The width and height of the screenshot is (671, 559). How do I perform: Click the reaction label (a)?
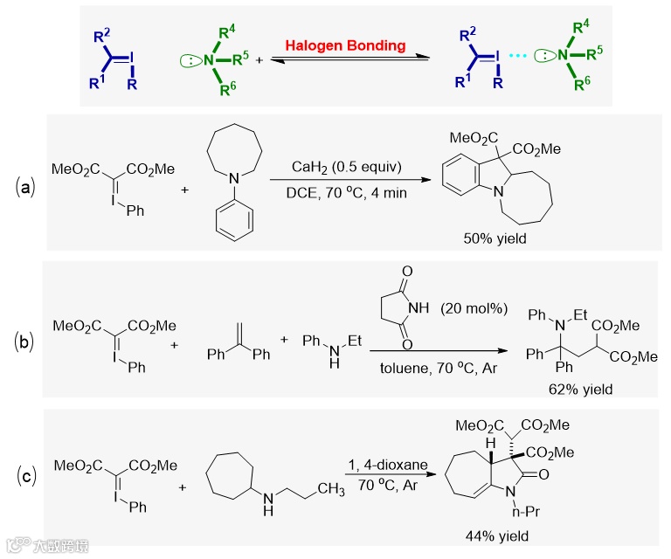click(x=27, y=187)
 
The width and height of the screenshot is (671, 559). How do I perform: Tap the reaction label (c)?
click(x=27, y=475)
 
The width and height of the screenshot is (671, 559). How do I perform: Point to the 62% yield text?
click(x=581, y=390)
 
